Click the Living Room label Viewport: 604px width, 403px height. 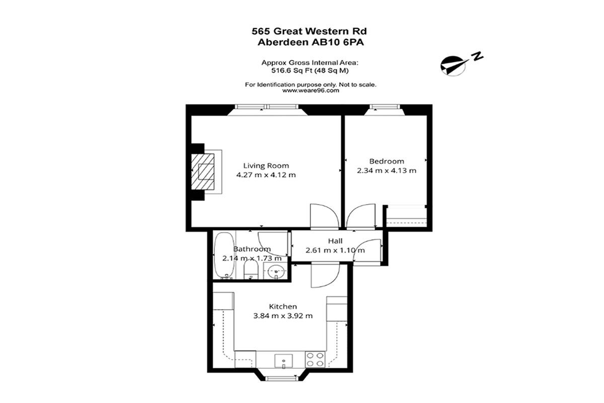click(x=266, y=165)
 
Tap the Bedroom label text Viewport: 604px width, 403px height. click(x=387, y=161)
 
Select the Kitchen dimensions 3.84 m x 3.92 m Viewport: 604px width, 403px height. click(x=283, y=315)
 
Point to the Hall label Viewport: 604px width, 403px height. click(x=335, y=241)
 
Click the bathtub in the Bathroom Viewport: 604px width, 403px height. click(x=224, y=255)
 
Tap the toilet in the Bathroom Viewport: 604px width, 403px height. click(x=251, y=270)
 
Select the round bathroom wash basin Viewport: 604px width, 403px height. click(x=276, y=271)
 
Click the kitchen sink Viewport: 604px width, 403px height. click(x=283, y=361)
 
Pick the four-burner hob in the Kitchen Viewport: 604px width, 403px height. click(x=315, y=360)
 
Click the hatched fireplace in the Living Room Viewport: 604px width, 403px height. click(x=203, y=172)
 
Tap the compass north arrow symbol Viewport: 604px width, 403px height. click(x=454, y=66)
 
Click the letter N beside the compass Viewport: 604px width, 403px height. click(x=477, y=56)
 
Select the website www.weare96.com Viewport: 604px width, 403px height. click(x=311, y=91)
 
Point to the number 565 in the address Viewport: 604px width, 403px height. click(x=261, y=31)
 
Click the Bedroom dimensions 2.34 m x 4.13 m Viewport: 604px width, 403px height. click(x=387, y=171)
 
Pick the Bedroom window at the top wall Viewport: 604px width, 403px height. click(x=386, y=107)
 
